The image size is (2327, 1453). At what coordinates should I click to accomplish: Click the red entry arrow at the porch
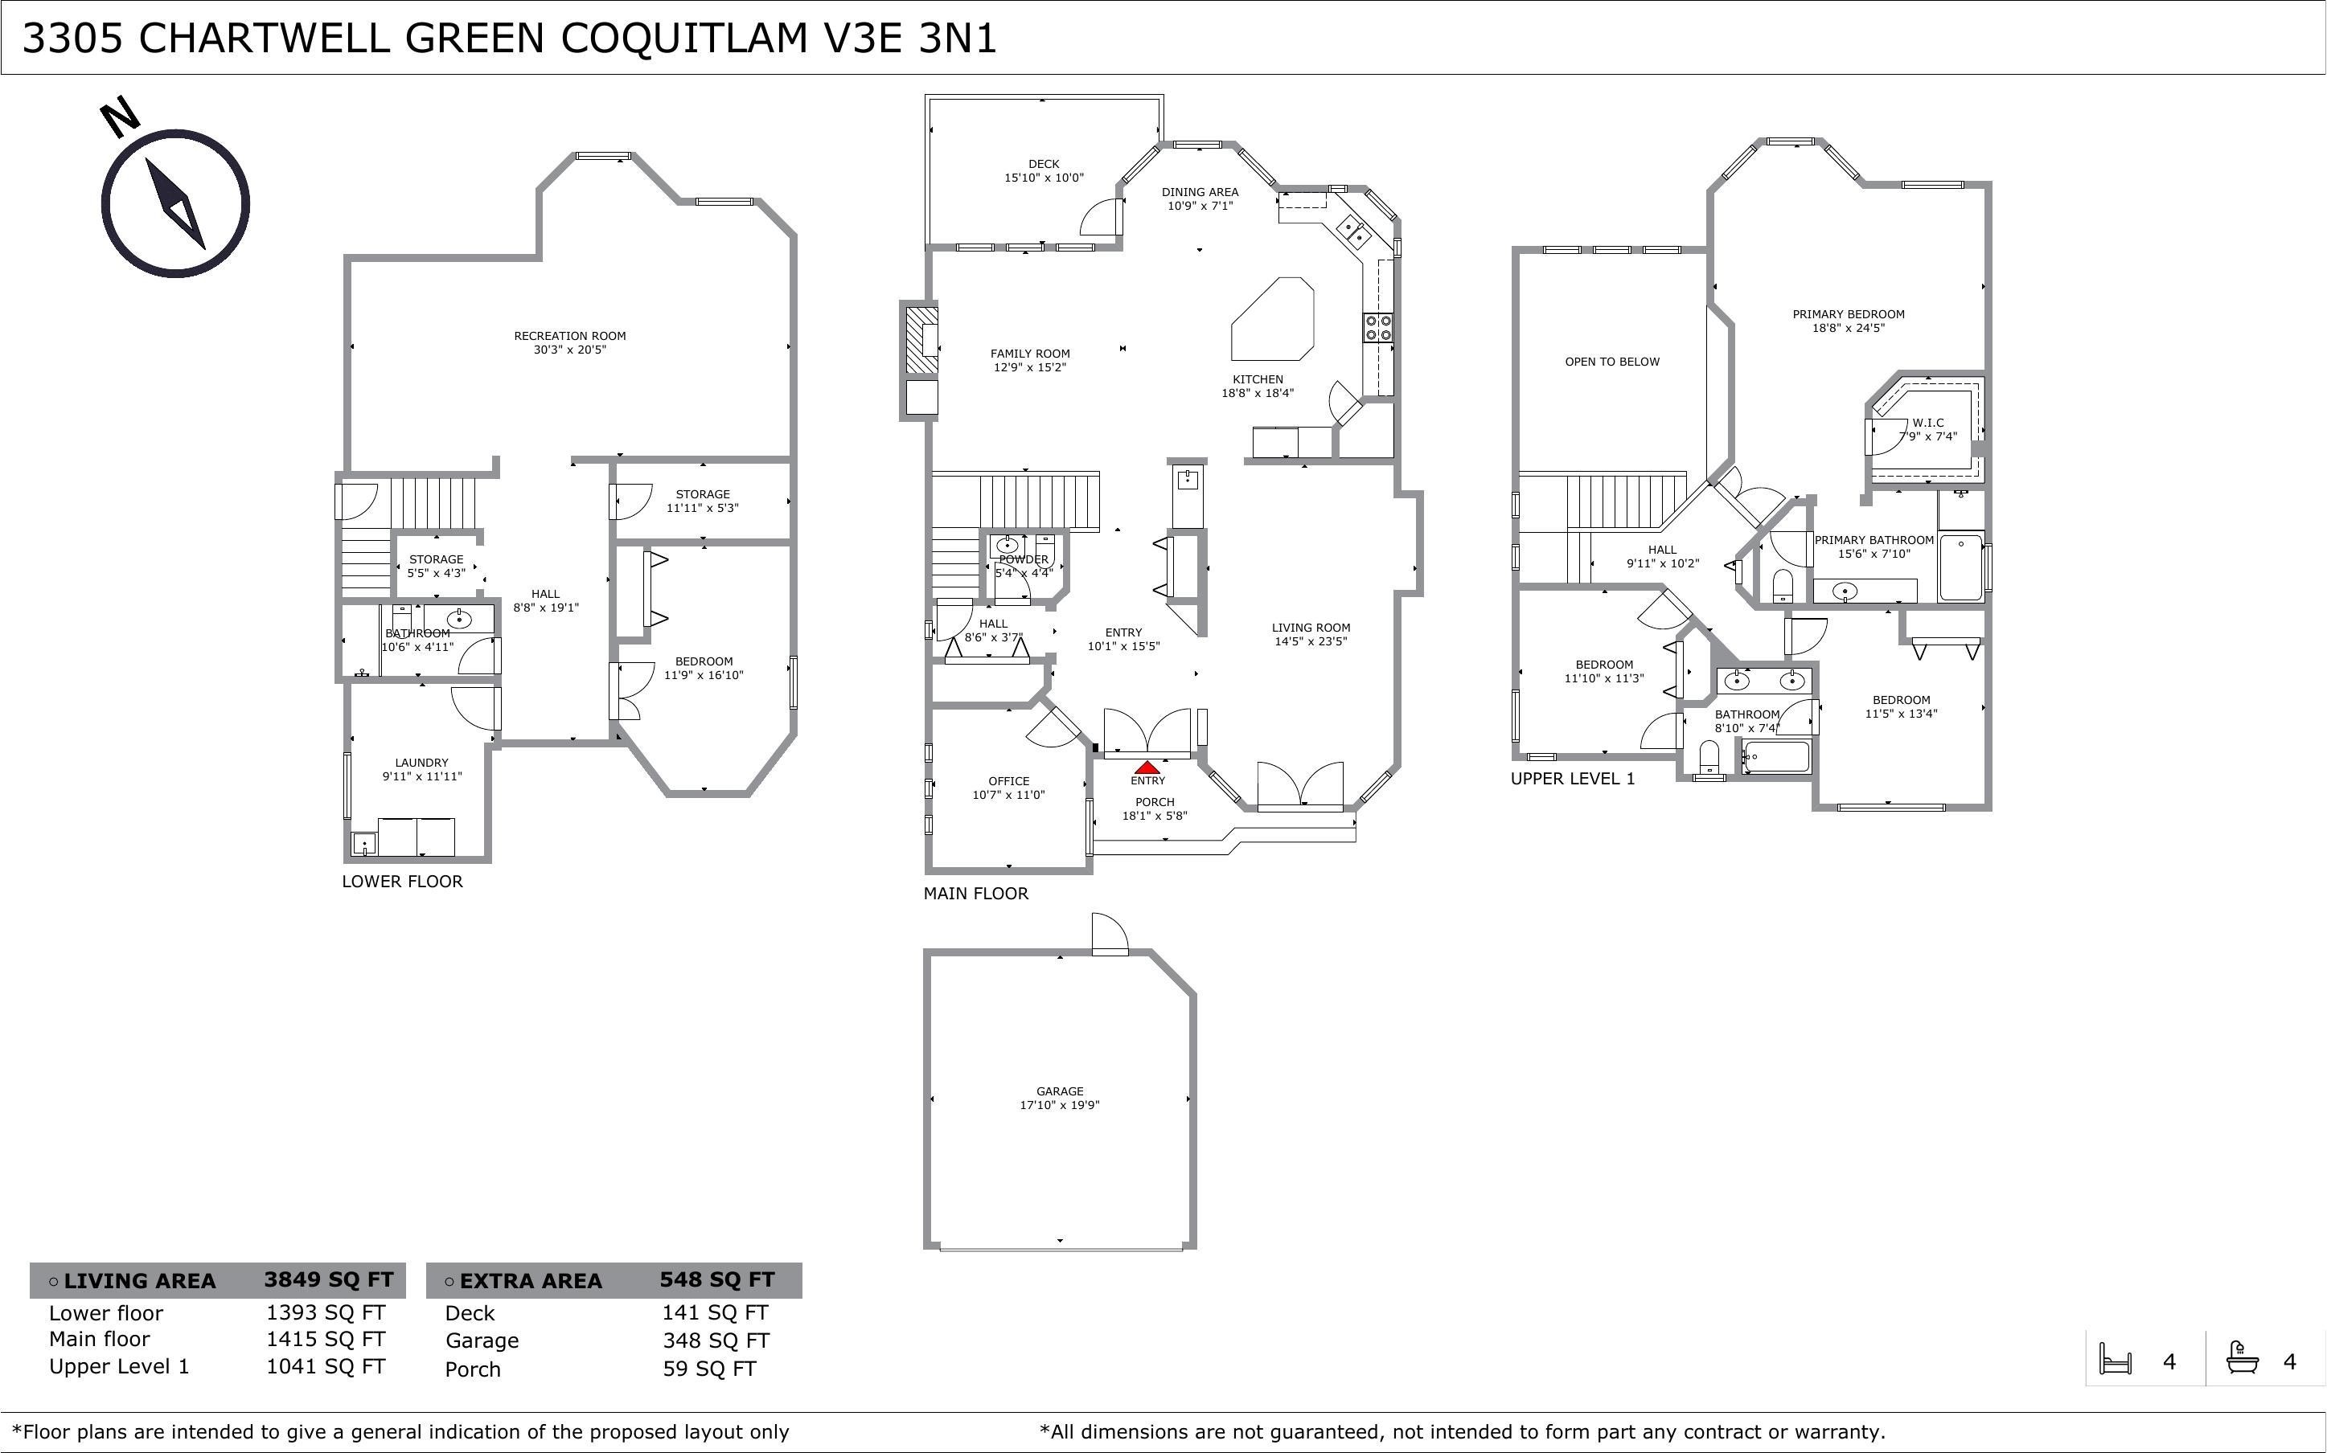click(1147, 767)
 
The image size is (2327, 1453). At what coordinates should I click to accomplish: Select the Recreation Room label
click(570, 335)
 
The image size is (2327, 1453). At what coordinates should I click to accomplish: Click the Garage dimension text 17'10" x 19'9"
click(1059, 1105)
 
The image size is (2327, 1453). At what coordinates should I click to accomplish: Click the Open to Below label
click(1612, 362)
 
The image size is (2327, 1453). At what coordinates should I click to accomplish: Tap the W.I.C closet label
click(1927, 423)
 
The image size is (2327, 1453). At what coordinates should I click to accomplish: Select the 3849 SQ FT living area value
click(329, 1280)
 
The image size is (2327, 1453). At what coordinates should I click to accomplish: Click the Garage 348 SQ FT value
click(715, 1340)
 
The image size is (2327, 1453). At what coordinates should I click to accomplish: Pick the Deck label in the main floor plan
click(1044, 164)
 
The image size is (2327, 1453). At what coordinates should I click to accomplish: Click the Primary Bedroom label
click(1849, 314)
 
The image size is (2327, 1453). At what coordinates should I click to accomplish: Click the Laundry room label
click(421, 763)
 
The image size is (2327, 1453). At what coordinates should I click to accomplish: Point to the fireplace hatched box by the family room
click(921, 340)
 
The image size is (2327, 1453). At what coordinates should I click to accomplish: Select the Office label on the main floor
click(1008, 781)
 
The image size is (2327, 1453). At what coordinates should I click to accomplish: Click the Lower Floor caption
click(402, 882)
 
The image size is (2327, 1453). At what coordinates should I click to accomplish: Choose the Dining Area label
click(1200, 192)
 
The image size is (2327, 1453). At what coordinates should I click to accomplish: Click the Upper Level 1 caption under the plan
click(1573, 779)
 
